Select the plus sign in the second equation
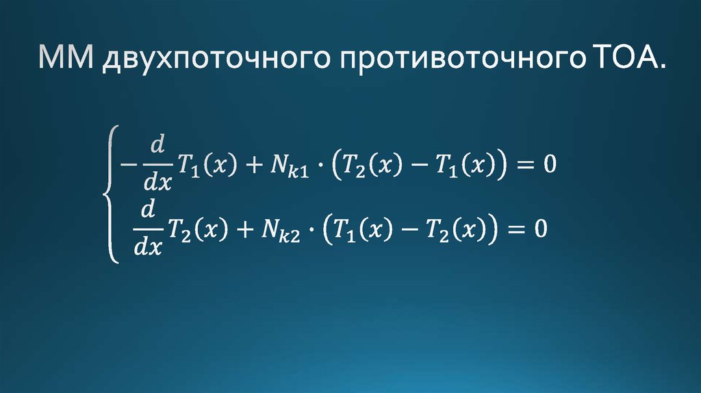[242, 228]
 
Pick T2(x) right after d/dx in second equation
[198, 228]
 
